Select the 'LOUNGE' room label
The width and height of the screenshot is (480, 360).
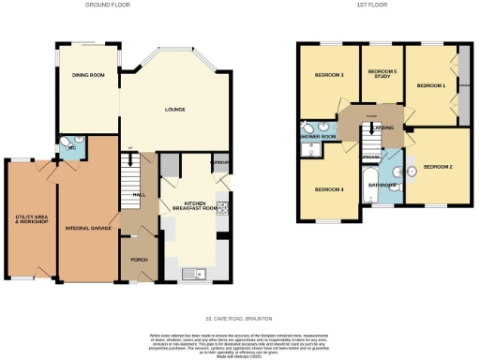175,111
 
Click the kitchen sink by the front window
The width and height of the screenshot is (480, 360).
196,273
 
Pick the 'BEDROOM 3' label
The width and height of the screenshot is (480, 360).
329,76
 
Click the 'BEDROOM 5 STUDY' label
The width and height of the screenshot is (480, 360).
382,75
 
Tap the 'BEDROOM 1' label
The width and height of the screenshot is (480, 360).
430,85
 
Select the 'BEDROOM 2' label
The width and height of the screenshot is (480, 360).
437,167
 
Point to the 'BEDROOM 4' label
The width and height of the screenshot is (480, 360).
329,189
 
